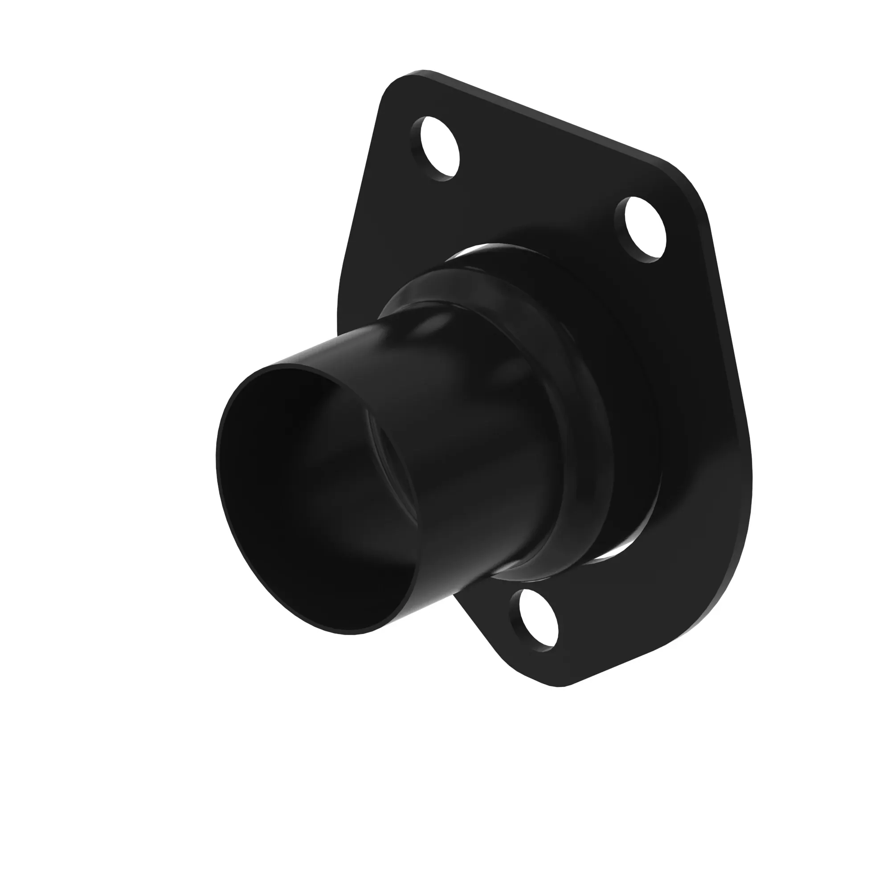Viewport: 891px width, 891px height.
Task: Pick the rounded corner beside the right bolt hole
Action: point(687,184)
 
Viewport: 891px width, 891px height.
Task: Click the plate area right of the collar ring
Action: point(692,415)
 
